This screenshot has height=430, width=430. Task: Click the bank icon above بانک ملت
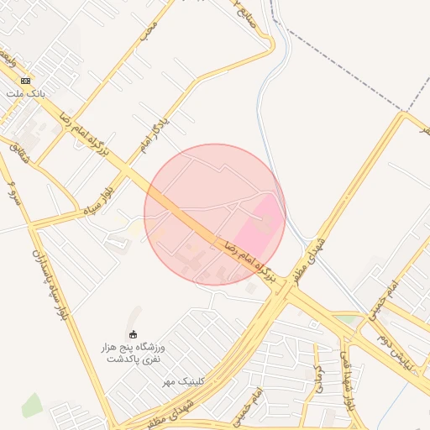25,80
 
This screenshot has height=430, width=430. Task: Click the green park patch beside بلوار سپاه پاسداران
32,405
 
